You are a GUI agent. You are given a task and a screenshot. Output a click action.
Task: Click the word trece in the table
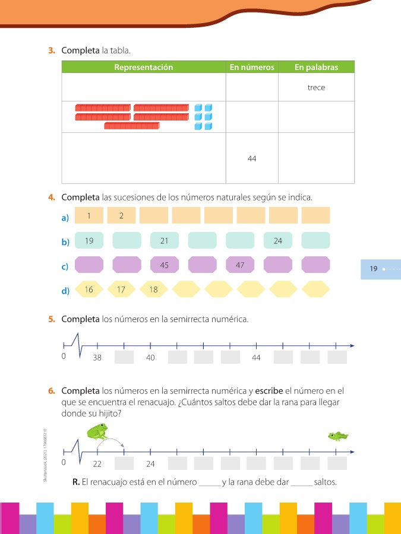[316, 88]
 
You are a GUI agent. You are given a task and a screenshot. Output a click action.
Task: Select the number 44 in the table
[252, 158]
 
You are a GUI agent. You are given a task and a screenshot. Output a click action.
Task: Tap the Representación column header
[143, 68]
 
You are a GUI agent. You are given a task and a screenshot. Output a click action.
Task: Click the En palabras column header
[316, 68]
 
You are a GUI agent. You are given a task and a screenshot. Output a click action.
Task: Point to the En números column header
[252, 68]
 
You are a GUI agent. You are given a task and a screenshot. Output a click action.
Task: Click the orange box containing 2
[122, 215]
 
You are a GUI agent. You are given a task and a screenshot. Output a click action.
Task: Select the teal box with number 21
[165, 240]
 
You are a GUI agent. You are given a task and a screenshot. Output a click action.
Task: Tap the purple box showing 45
[165, 265]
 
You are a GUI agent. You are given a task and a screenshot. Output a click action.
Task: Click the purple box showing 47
[240, 265]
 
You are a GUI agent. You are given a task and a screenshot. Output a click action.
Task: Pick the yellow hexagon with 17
[122, 290]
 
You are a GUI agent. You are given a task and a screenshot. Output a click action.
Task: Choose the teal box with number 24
[278, 240]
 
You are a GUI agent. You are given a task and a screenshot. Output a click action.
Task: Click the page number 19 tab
[374, 269]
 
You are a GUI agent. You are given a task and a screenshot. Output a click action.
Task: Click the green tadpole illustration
[338, 437]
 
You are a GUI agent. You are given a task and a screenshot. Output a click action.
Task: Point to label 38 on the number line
[97, 358]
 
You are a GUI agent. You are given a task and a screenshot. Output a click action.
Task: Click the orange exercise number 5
[52, 319]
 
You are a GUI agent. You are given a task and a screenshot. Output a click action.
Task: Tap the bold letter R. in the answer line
[76, 482]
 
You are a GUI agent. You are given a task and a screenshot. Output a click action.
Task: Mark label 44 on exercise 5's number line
[256, 358]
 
